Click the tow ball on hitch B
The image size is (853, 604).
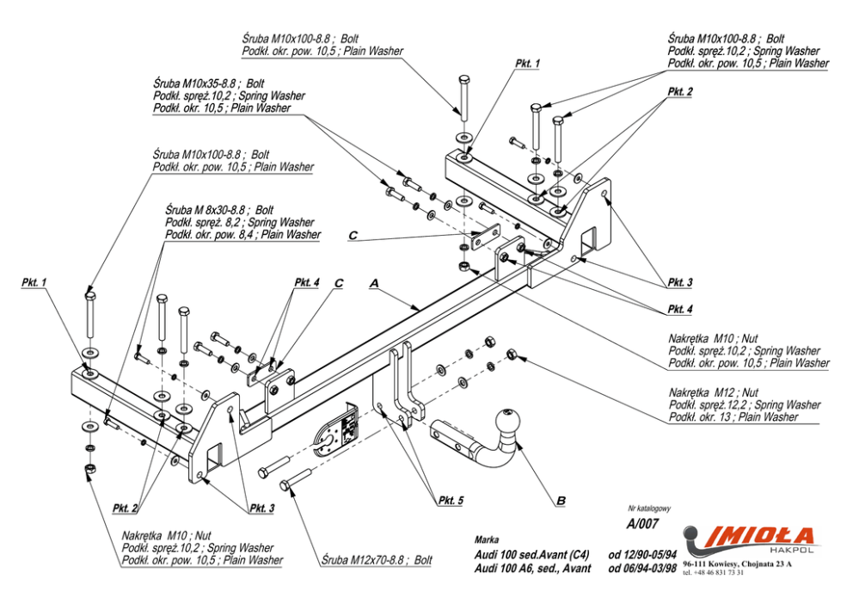pyautogui.click(x=507, y=422)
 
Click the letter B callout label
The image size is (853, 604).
pyautogui.click(x=561, y=501)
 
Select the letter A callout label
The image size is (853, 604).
pyautogui.click(x=374, y=283)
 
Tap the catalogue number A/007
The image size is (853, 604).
pyautogui.click(x=642, y=523)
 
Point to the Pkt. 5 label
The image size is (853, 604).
pyautogui.click(x=451, y=500)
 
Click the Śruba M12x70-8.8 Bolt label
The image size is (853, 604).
pyautogui.click(x=377, y=559)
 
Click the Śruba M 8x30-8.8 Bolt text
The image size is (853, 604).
pyautogui.click(x=220, y=210)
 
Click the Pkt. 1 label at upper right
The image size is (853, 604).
pyautogui.click(x=527, y=64)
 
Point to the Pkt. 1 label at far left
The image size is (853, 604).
pyautogui.click(x=34, y=282)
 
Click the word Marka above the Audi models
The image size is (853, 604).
pyautogui.click(x=487, y=539)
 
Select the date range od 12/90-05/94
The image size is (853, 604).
pyautogui.click(x=642, y=555)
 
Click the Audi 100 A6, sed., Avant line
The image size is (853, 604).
pyautogui.click(x=532, y=569)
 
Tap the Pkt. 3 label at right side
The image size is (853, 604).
pyautogui.click(x=680, y=282)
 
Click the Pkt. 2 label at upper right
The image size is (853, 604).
pyautogui.click(x=680, y=91)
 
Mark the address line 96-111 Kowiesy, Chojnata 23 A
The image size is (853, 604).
pyautogui.click(x=738, y=564)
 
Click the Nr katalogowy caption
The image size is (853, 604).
pyautogui.click(x=649, y=508)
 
